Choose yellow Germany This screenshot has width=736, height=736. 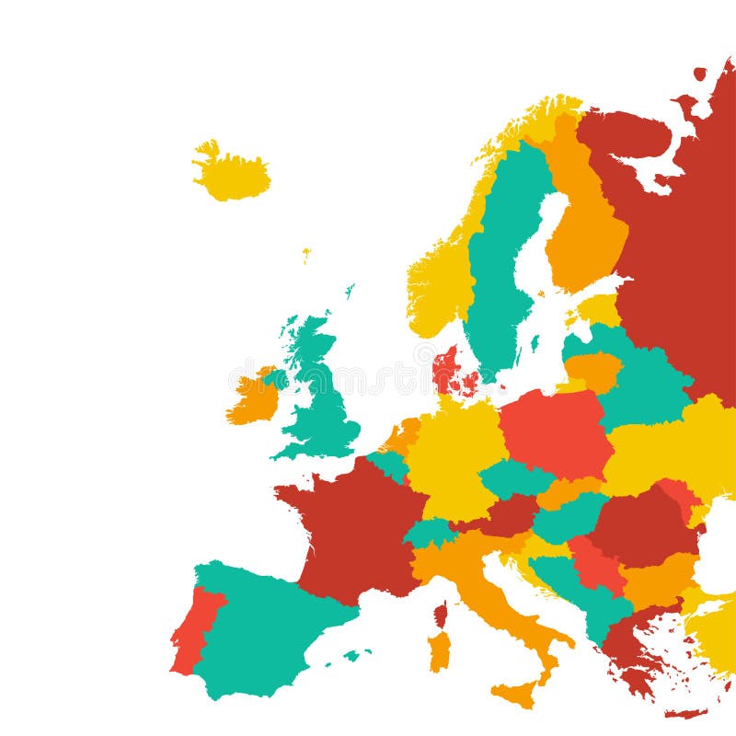point(454,455)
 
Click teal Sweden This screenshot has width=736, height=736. point(500,267)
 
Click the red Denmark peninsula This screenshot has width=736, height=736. point(446,368)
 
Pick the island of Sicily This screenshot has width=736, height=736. point(515,692)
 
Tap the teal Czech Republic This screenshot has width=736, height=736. point(515,478)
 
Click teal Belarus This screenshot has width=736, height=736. point(644,386)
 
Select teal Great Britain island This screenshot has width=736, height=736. point(322,405)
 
